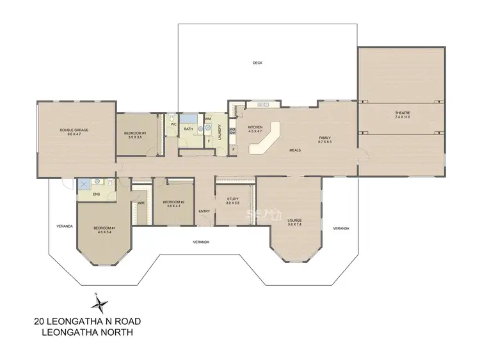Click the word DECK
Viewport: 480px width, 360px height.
[257, 63]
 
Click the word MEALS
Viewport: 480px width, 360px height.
[295, 150]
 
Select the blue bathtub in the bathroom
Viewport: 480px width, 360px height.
[189, 118]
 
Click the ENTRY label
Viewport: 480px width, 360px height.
[204, 211]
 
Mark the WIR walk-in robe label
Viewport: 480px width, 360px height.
[141, 203]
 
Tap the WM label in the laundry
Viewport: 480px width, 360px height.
[208, 119]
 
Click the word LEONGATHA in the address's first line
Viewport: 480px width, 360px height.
[84, 322]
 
